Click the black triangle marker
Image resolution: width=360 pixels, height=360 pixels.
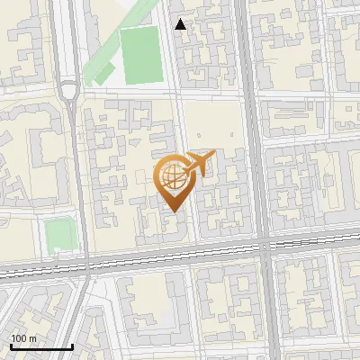tap(181, 24)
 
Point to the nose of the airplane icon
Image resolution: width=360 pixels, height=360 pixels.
tap(214, 154)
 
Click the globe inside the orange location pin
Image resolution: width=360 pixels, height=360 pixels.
tap(171, 176)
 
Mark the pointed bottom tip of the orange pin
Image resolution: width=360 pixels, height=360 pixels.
tap(171, 211)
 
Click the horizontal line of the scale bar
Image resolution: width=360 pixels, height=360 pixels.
tap(41, 346)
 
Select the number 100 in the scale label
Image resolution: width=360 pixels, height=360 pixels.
tap(17, 338)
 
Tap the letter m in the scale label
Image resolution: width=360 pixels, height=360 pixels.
tap(32, 338)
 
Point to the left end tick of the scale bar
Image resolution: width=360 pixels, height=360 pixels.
tap(11, 345)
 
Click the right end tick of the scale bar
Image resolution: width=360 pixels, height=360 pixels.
tap(72, 345)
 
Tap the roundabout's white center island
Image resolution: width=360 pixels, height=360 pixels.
tap(67, 90)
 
